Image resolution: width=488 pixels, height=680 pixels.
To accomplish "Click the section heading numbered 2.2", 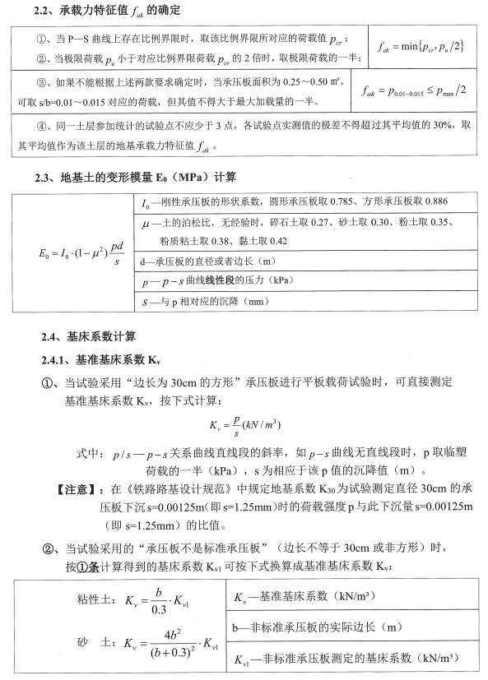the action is pos(111,11).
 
